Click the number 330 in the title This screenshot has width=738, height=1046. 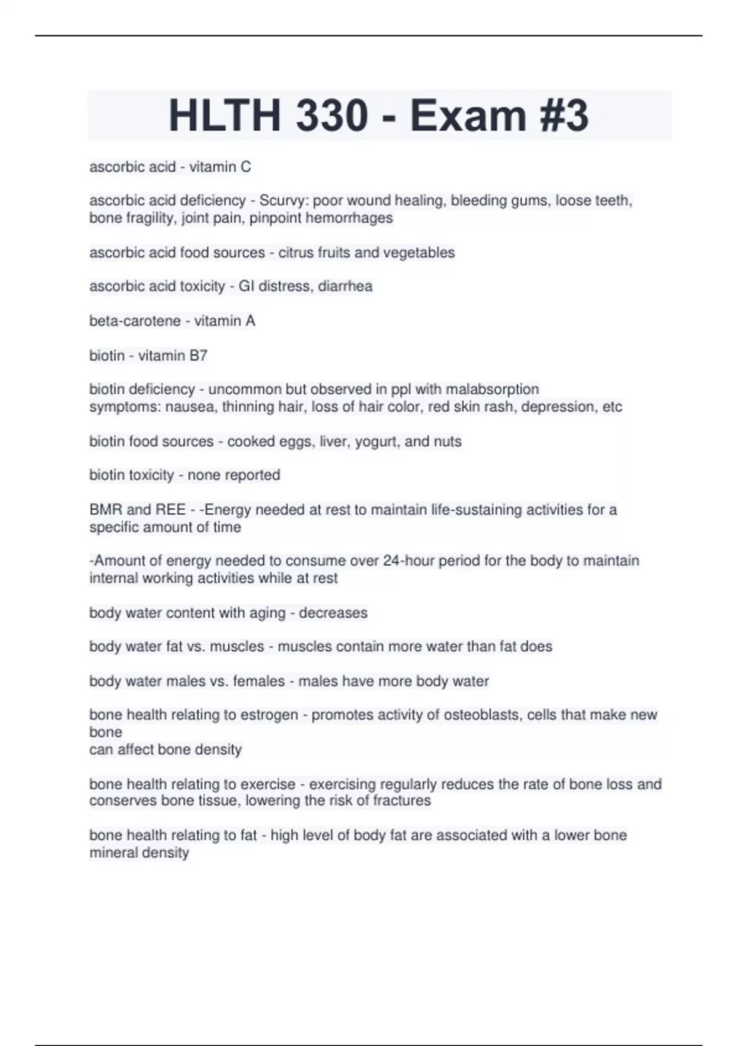click(x=332, y=115)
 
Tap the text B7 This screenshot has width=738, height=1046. click(x=198, y=356)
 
